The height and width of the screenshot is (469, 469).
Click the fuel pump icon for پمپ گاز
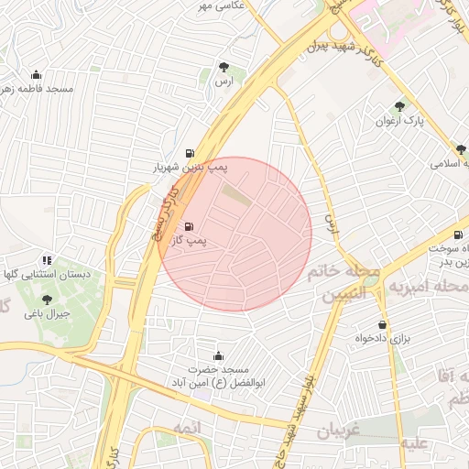click(x=190, y=226)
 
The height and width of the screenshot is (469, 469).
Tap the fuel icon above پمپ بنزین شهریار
click(x=190, y=153)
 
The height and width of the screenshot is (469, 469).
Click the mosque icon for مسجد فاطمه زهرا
click(x=36, y=74)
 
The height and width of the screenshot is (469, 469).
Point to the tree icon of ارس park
click(x=224, y=67)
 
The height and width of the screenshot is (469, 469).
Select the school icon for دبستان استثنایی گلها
click(x=47, y=261)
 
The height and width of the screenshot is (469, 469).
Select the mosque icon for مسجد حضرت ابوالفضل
click(x=218, y=355)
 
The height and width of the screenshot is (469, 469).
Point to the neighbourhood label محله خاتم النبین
click(x=349, y=283)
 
